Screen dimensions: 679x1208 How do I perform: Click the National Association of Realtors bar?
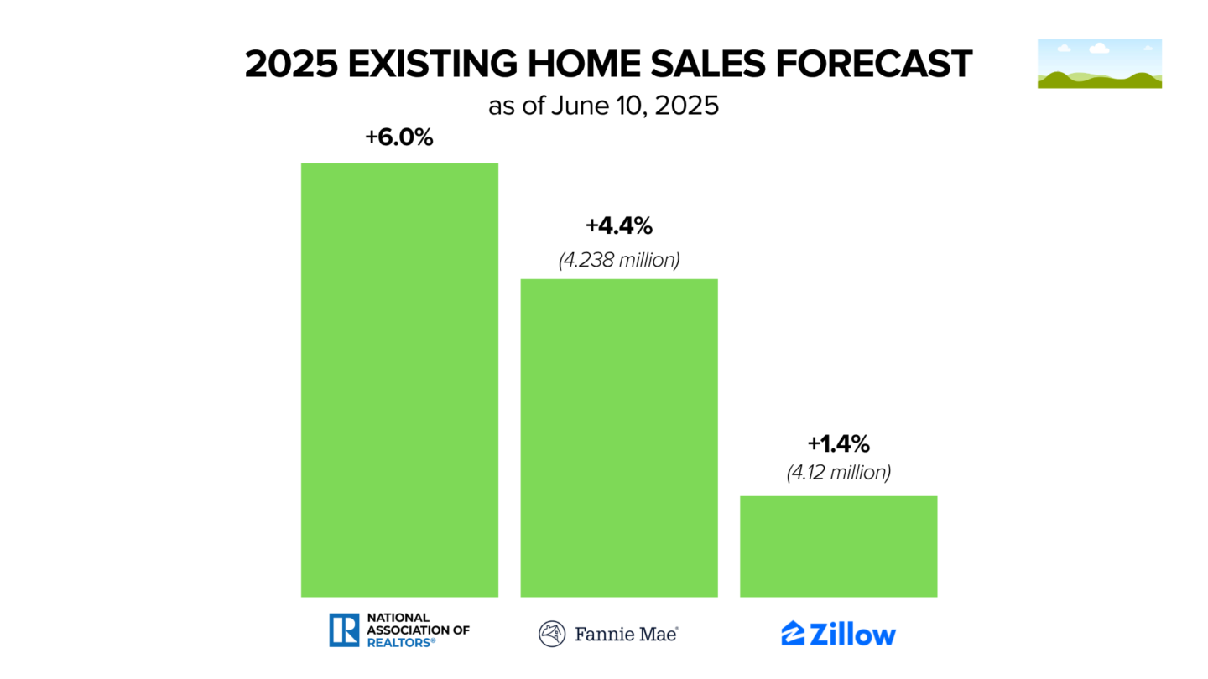[399, 380]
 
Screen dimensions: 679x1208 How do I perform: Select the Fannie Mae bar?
[619, 438]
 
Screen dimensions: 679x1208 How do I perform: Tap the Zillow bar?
[838, 547]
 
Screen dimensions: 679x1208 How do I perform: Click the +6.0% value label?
[399, 137]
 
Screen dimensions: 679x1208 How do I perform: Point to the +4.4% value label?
[619, 226]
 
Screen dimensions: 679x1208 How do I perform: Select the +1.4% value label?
[838, 443]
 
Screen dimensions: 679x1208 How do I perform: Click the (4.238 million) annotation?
[619, 260]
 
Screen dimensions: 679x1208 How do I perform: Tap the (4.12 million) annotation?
[838, 473]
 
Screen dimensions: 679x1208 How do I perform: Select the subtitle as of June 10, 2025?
[603, 107]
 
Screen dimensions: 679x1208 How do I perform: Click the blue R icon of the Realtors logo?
[344, 630]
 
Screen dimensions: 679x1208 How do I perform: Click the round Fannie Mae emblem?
[552, 634]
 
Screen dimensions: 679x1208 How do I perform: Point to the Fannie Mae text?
[626, 634]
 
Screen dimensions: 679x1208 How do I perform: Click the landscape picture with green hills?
[1099, 64]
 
